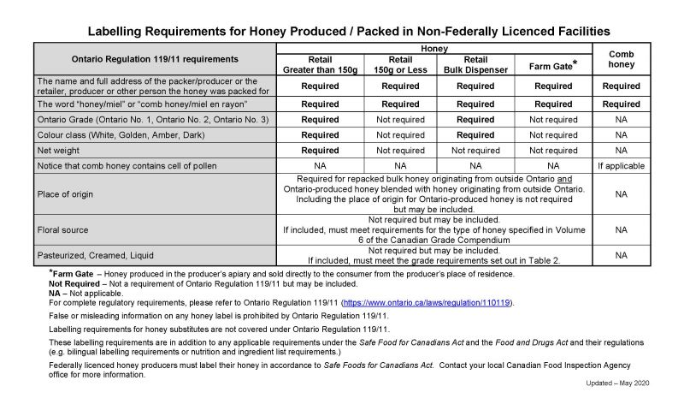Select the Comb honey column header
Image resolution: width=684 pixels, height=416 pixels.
click(621, 59)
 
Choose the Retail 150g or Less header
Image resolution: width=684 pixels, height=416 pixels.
click(400, 64)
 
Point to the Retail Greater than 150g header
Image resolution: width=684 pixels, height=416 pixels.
click(321, 64)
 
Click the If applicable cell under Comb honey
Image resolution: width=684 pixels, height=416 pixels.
click(621, 165)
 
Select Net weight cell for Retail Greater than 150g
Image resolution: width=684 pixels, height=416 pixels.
click(321, 150)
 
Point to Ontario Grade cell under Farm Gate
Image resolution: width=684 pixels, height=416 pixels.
click(553, 120)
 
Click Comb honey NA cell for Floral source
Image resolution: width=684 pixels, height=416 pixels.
click(621, 229)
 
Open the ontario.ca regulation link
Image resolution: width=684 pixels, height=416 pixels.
click(427, 303)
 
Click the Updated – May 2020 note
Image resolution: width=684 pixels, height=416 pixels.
click(617, 383)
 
